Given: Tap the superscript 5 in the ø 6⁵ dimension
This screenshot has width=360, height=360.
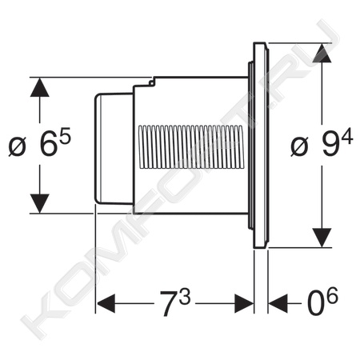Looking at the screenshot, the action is pos(65,136).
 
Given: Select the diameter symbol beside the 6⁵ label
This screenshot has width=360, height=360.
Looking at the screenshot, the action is pos(18,146).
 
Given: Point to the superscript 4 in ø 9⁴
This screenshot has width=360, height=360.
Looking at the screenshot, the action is pos(347,136).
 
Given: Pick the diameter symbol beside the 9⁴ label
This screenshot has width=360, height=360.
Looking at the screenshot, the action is pos(299,146).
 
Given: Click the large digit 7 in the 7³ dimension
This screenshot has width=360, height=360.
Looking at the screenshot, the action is pos(168,303).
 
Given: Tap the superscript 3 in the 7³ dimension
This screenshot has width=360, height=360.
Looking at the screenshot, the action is pos(185,296).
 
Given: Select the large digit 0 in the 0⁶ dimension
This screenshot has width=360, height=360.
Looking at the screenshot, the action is pos(316,304).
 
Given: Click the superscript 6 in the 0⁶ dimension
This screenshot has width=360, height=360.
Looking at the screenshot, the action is pos(333,295).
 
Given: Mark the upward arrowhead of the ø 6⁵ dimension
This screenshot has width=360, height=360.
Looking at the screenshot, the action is pos(40,87).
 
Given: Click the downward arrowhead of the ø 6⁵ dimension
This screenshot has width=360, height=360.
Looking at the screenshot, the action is pos(40,203).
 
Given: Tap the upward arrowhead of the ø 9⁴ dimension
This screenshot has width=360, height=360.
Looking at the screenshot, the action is pos(322,53).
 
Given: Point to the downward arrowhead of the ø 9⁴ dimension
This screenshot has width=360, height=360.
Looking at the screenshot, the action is pos(322,238).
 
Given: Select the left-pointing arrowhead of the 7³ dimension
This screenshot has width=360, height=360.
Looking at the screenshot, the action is pos(106,303).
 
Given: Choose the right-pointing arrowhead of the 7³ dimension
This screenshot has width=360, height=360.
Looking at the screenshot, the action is pos(244,303).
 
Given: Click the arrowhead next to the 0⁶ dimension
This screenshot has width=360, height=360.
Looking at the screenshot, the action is pos(278,303).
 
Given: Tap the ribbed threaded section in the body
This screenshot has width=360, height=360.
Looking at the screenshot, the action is pos(191,146).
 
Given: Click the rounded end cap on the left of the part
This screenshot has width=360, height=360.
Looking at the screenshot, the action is pos(114,149).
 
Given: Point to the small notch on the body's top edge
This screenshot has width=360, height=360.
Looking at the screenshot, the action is pos(152,82).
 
